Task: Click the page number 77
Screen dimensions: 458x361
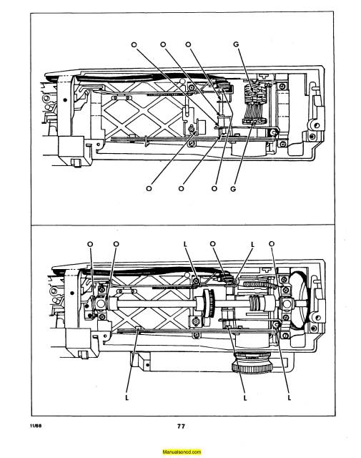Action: point(182,427)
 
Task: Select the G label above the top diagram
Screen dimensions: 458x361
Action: point(237,44)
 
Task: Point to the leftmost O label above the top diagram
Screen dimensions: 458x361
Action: point(133,44)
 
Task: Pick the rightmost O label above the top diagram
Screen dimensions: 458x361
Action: point(188,44)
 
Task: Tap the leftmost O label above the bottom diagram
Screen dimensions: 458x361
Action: point(91,244)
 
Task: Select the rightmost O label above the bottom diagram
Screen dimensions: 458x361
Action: point(272,244)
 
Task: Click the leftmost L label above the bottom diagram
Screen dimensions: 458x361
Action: point(185,244)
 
